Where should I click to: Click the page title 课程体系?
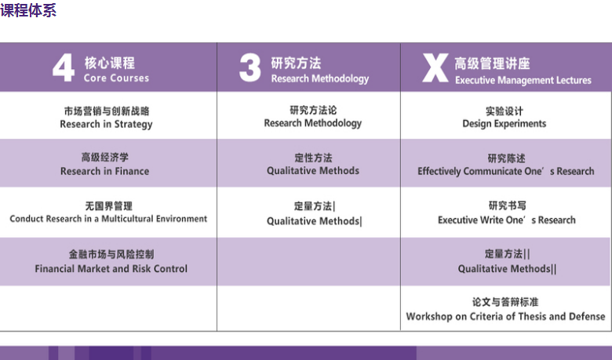coord(28,9)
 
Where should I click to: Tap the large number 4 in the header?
coord(64,67)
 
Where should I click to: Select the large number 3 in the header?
coord(250,67)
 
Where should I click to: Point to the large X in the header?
coord(435,68)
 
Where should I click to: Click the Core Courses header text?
coord(116,78)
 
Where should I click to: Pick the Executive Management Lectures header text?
coord(523,80)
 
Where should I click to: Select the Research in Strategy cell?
coord(106,118)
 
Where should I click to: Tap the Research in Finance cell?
coord(104,164)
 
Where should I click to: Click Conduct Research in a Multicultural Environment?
coord(108,218)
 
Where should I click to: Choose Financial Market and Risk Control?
coord(111,269)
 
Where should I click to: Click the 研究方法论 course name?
coord(313,111)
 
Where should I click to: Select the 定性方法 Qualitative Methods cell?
coord(313,164)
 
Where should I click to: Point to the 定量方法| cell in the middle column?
coord(314,213)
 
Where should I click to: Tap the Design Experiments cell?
coord(505,118)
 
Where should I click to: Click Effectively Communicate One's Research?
coord(506,171)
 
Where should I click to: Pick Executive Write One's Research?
coord(507,220)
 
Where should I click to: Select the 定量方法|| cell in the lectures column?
coord(508,261)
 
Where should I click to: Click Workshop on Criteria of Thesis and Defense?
coord(505,316)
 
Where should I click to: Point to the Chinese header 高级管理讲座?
coord(492,64)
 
